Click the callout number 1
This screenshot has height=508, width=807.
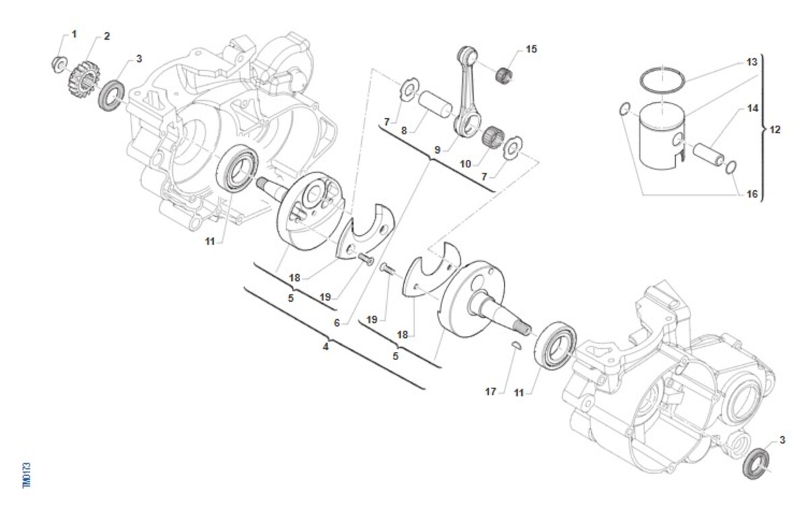tap(74, 34)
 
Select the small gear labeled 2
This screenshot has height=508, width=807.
tap(81, 77)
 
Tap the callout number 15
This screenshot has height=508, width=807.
tap(532, 49)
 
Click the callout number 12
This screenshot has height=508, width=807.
tap(775, 130)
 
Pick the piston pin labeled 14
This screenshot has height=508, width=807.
tap(709, 153)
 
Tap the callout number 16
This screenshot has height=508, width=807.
tap(753, 194)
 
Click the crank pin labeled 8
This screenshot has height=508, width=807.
tap(434, 106)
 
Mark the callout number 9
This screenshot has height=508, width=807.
tap(437, 150)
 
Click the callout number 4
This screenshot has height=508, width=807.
tap(325, 347)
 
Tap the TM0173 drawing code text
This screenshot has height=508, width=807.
tap(27, 474)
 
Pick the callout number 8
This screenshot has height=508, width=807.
tap(404, 131)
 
